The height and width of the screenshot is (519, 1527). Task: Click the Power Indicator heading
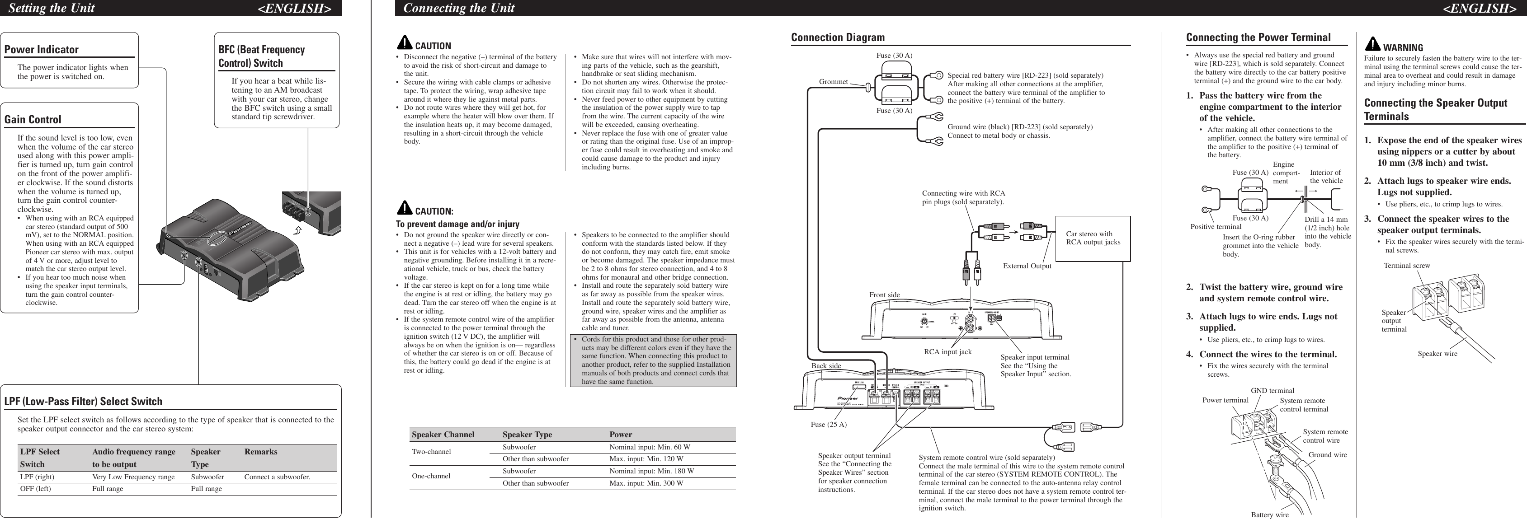pos(42,50)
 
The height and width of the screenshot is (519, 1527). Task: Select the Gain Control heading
pos(33,120)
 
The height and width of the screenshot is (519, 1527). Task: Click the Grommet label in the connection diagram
pos(834,82)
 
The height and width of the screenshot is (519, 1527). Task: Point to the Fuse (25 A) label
pos(829,424)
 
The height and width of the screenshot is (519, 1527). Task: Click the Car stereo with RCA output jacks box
pos(1093,238)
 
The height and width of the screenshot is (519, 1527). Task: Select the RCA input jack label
pos(948,352)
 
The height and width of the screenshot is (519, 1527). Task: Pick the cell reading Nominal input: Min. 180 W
pos(651,472)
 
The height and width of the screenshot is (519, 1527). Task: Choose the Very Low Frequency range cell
pos(133,477)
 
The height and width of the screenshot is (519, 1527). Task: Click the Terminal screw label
pos(1407,266)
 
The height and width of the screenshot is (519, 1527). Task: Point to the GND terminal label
pos(1272,390)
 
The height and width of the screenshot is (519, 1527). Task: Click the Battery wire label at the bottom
pos(1270,515)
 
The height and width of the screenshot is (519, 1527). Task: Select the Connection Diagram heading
pos(838,37)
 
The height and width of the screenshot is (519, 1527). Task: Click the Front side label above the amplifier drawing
pos(885,295)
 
